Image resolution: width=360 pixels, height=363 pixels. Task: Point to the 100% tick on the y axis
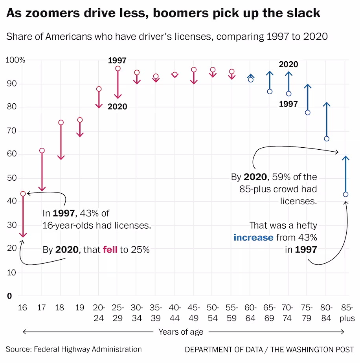tap(15, 60)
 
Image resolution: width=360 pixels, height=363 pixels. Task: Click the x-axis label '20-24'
tap(99, 313)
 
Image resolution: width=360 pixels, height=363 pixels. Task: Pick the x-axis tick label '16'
tap(22, 308)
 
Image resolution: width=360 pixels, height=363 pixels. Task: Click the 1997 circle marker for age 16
tap(23, 194)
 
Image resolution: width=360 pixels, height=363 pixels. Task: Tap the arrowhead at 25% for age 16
tap(23, 235)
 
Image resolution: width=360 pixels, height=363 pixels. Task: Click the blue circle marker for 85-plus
tap(345, 194)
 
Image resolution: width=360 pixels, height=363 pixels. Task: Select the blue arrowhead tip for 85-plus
tap(345, 157)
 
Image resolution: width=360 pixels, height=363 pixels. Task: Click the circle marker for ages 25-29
tap(118, 68)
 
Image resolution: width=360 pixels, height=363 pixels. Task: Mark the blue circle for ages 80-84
tap(327, 139)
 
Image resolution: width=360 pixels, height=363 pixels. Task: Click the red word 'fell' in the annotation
tap(110, 249)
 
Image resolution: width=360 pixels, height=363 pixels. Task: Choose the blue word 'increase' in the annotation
tap(253, 238)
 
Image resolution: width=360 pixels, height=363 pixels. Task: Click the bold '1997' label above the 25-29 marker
tap(117, 60)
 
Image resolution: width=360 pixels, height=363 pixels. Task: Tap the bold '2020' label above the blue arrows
tap(288, 64)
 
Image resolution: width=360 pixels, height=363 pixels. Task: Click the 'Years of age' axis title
tap(181, 332)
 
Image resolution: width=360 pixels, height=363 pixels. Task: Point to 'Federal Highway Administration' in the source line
tap(88, 349)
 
